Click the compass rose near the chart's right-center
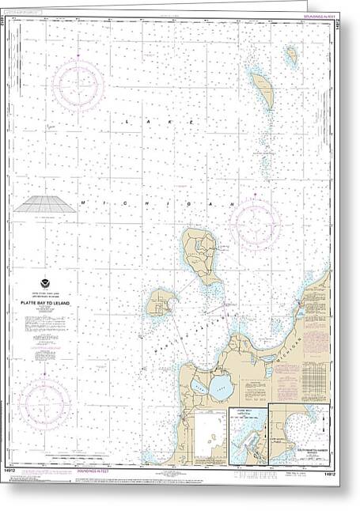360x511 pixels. (255, 223)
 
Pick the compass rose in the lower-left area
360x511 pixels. (45, 403)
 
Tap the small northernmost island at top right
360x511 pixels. (291, 55)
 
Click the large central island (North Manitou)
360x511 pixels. (199, 257)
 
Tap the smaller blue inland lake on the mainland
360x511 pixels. (195, 387)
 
